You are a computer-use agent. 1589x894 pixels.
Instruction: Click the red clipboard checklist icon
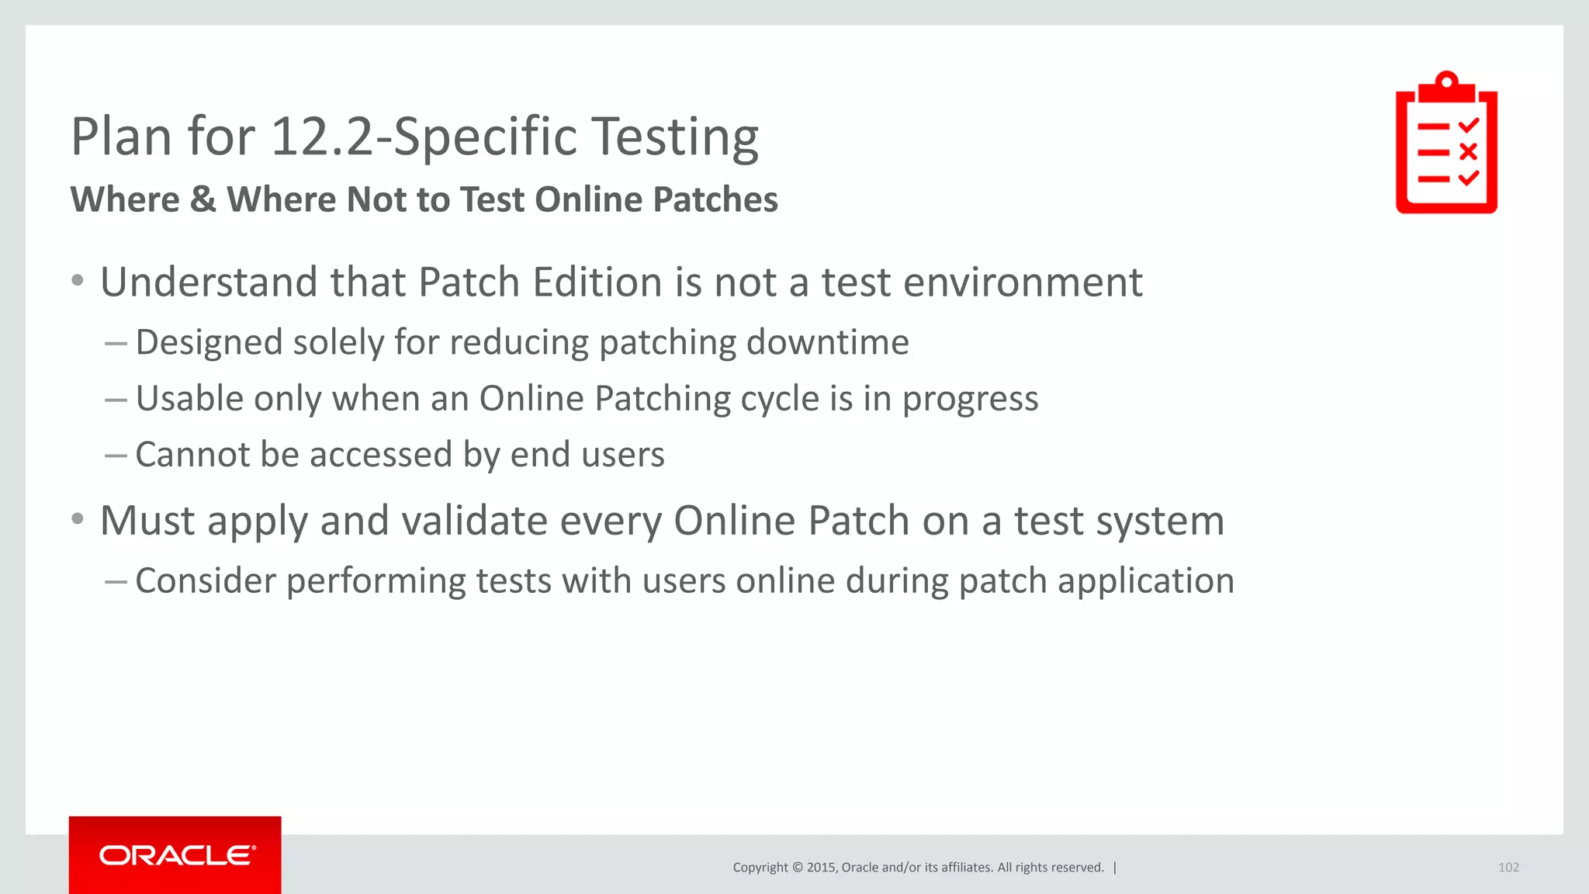(x=1446, y=144)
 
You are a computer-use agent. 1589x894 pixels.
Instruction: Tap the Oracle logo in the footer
(x=177, y=855)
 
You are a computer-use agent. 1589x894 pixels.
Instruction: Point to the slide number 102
(x=1508, y=868)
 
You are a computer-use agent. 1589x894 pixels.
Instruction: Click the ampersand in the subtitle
(x=203, y=199)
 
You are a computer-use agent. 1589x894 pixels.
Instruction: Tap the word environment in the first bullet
(x=1023, y=282)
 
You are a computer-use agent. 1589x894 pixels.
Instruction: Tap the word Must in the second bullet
(x=147, y=520)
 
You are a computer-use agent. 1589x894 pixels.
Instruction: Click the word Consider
(x=206, y=581)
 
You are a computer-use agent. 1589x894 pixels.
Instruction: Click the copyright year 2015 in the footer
(x=821, y=868)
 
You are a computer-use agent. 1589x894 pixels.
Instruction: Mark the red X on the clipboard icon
(x=1467, y=151)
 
